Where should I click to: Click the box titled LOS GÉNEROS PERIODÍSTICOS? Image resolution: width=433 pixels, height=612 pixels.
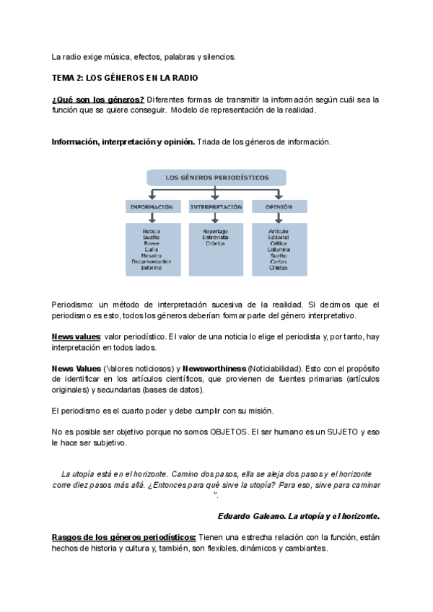pos(217,177)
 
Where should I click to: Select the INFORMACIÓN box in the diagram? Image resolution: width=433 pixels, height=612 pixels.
pos(152,206)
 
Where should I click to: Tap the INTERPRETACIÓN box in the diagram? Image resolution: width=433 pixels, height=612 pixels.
pos(215,206)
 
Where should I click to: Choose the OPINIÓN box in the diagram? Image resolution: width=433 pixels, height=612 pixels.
pos(279,206)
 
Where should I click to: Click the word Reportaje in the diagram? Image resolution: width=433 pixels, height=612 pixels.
pos(215,231)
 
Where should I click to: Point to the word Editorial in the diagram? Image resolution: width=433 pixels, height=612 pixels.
pos(279,237)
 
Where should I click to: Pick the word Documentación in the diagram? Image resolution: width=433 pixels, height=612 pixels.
pos(152,261)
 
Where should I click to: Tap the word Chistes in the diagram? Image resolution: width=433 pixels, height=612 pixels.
pos(279,268)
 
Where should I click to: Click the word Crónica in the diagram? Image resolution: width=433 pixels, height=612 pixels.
pos(215,243)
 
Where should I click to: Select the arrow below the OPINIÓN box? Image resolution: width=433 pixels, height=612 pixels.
pos(279,218)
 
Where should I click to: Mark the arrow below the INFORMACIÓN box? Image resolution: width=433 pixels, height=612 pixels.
pos(152,218)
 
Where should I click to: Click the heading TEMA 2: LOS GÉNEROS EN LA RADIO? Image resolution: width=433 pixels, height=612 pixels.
pos(124,77)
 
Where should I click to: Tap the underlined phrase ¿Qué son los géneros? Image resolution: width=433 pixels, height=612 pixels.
pos(97,99)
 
